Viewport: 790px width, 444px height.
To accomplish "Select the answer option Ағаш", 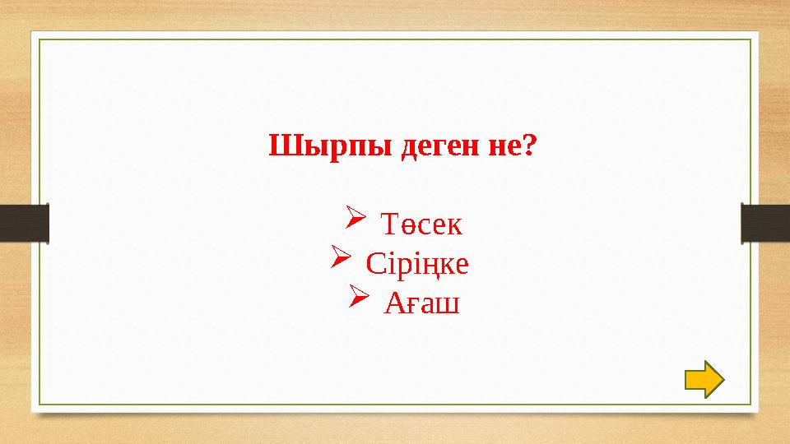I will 421,305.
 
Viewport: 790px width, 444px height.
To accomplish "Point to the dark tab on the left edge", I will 25,224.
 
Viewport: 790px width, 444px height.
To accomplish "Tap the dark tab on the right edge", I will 765,224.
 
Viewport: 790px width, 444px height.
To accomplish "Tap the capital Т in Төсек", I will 389,223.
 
